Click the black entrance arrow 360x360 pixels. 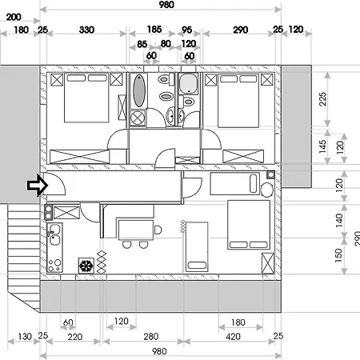click(x=38, y=186)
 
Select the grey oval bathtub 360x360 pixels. click(x=139, y=90)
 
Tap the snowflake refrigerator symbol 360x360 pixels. click(x=86, y=266)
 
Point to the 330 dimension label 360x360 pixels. click(x=86, y=30)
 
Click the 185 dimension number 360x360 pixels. click(x=154, y=30)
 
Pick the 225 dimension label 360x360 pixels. click(x=322, y=99)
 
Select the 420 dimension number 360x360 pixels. click(x=233, y=337)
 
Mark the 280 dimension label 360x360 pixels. click(x=151, y=337)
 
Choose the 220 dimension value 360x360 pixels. click(x=75, y=337)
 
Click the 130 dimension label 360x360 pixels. click(x=25, y=337)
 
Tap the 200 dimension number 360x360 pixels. click(x=14, y=17)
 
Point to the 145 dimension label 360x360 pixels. click(x=322, y=146)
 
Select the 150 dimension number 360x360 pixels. click(x=338, y=255)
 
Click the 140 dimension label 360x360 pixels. click(x=339, y=220)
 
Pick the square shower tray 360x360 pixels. click(x=188, y=83)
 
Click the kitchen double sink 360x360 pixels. click(x=55, y=234)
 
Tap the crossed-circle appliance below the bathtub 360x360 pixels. click(x=138, y=118)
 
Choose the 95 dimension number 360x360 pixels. click(x=187, y=30)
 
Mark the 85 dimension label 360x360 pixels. click(x=142, y=44)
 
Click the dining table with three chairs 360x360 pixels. click(x=136, y=230)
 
